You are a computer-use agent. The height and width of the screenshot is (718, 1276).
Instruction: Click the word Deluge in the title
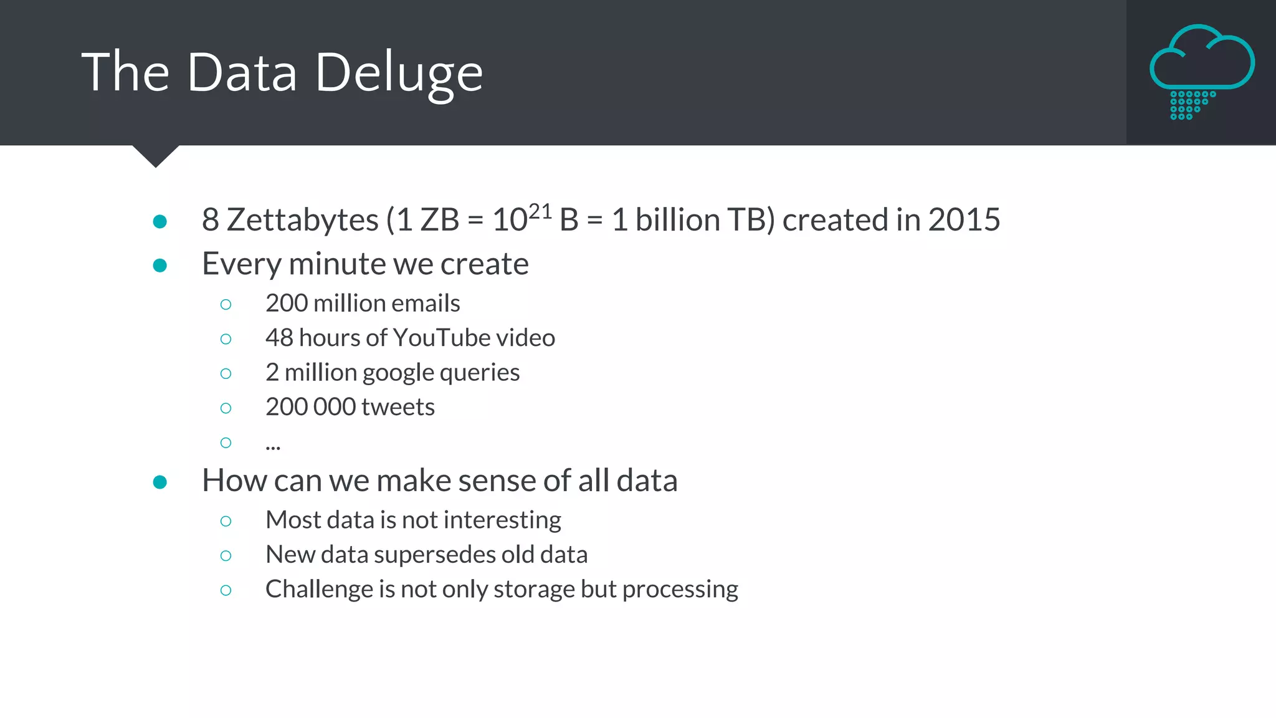pos(399,74)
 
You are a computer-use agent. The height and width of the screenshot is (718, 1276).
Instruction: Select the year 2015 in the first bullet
pos(964,220)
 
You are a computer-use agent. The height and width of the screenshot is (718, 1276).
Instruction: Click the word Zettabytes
pos(302,220)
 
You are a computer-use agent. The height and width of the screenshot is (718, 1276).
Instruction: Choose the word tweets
pos(398,407)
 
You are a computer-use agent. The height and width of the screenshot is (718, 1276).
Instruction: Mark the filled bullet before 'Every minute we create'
pos(160,266)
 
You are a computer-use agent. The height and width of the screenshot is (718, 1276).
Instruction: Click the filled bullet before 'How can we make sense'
pos(160,482)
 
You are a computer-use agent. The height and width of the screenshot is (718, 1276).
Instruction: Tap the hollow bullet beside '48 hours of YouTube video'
pos(226,339)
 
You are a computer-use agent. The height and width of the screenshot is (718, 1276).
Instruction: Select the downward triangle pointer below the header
pos(156,156)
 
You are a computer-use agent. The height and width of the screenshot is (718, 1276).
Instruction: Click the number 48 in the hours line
pos(279,338)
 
